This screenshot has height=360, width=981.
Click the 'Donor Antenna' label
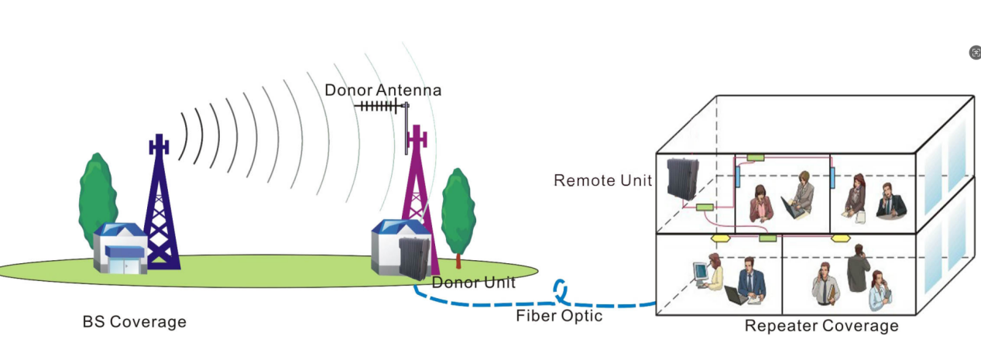tap(382, 90)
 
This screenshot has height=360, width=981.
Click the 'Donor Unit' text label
tap(473, 283)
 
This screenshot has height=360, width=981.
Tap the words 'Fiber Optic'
tap(559, 316)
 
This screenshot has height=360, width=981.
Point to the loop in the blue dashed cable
tap(561, 291)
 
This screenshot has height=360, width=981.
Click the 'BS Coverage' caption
tap(134, 321)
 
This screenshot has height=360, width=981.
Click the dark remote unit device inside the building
tap(684, 177)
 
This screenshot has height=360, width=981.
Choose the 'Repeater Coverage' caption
tap(822, 326)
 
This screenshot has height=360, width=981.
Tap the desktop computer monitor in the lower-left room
tap(701, 271)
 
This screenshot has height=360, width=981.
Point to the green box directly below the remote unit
tap(705, 207)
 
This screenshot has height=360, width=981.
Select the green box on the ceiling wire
tap(755, 157)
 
